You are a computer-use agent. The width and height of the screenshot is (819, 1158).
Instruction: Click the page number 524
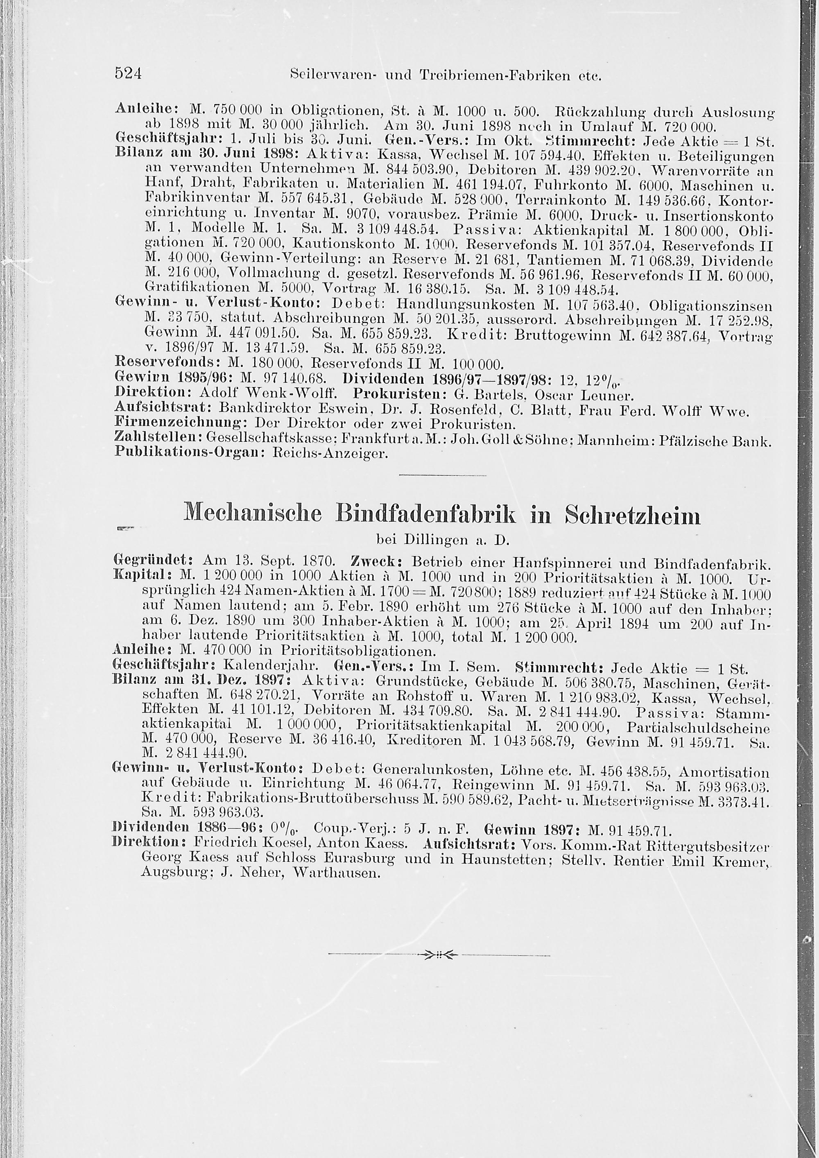pyautogui.click(x=129, y=74)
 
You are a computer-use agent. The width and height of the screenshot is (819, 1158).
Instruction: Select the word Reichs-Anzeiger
pyautogui.click(x=330, y=454)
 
